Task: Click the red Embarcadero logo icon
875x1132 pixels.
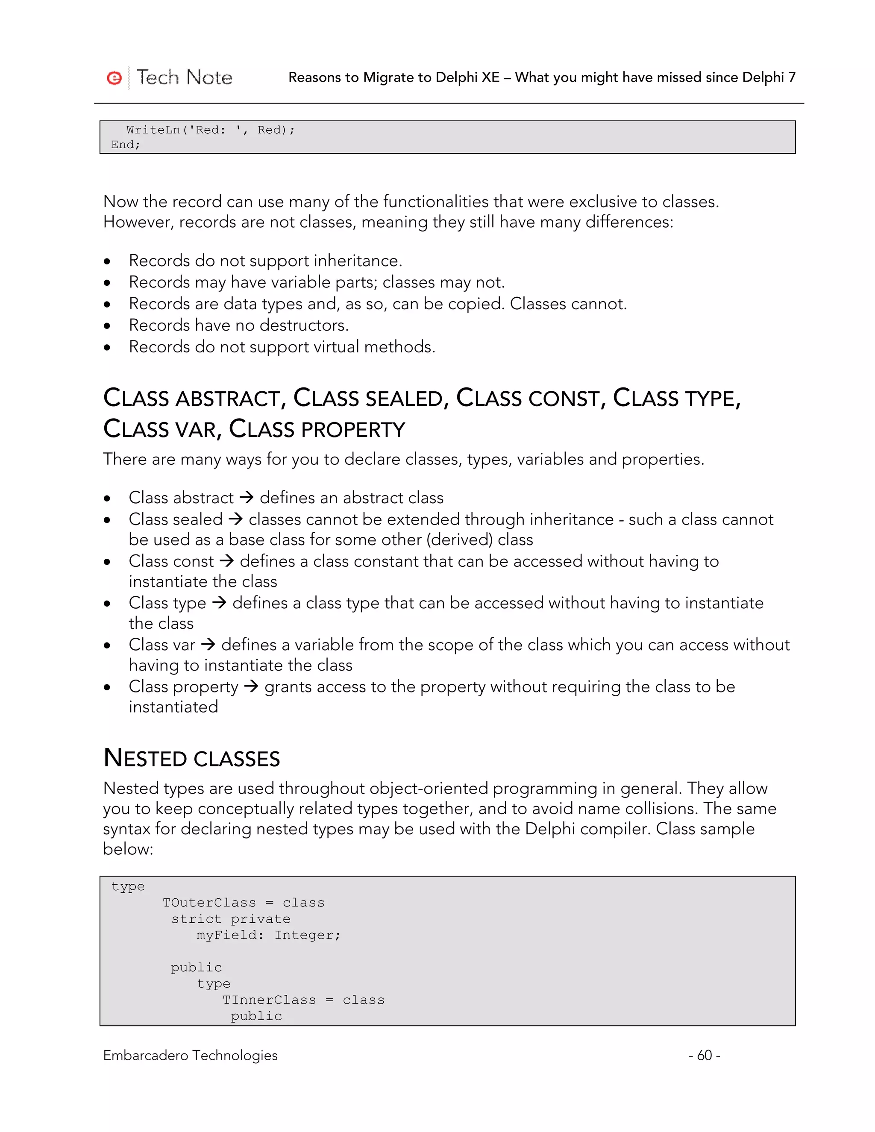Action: [114, 78]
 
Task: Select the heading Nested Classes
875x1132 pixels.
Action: [191, 758]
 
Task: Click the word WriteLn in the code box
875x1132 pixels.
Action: [153, 130]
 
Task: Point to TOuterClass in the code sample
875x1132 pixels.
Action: [209, 903]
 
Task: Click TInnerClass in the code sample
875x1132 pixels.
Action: [269, 1000]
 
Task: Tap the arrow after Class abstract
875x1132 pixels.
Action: [246, 498]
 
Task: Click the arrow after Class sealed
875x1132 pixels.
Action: [235, 519]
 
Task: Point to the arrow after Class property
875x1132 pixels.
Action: [251, 687]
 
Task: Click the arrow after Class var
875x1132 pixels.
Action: [208, 645]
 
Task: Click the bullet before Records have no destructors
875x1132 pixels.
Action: [107, 326]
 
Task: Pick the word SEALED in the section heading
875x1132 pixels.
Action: [404, 399]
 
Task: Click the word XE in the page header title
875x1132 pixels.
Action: [490, 77]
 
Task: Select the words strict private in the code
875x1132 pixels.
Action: [231, 919]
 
